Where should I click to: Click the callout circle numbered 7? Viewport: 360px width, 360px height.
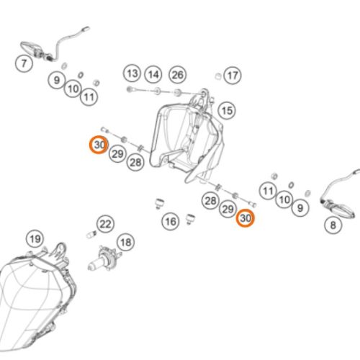24,63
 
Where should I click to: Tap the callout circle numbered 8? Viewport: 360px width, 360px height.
333,225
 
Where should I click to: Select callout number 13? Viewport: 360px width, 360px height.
132,73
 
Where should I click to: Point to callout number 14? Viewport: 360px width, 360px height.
153,75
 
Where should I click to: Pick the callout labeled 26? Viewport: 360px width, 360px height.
178,75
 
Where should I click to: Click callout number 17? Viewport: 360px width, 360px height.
233,76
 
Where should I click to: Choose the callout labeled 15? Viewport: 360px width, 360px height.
227,111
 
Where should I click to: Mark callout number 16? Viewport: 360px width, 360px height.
171,221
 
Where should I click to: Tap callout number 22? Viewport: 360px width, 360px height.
105,224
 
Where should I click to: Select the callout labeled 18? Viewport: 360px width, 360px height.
126,242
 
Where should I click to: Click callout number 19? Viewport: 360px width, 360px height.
35,239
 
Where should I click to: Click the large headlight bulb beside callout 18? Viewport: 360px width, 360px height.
103,258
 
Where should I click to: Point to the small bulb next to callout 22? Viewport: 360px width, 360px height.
91,234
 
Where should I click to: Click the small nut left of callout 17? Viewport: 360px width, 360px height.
217,76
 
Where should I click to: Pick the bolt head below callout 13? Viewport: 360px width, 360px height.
130,89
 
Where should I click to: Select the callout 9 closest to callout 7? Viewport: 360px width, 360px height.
56,80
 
